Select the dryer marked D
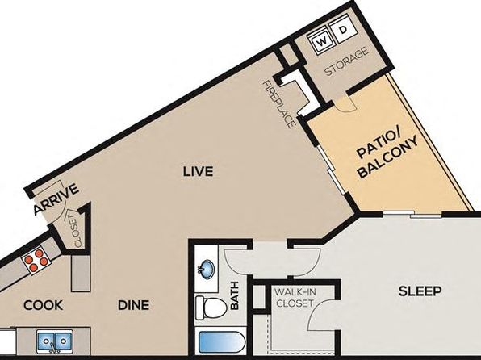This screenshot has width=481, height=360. [343, 30]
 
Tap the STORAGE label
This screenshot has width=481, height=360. [347, 61]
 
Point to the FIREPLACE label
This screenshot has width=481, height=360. [279, 104]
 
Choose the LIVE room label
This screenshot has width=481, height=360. [198, 171]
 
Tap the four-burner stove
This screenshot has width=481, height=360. [36, 261]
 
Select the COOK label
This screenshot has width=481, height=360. [44, 305]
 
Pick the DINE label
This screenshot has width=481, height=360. [134, 305]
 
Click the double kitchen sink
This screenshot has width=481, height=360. [55, 341]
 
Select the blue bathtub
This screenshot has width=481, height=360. [221, 342]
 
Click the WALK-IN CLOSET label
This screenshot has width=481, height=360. [295, 297]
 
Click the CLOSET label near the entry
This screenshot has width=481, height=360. [76, 231]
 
